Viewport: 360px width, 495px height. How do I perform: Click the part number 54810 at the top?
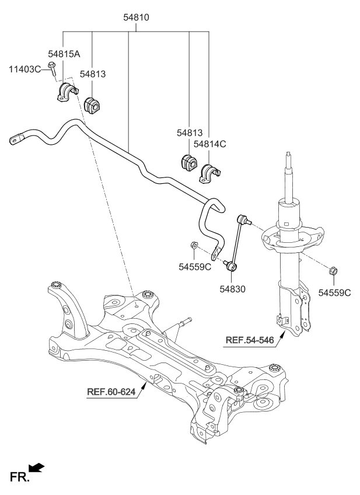click(x=136, y=18)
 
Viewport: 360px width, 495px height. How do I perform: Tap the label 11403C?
click(x=25, y=69)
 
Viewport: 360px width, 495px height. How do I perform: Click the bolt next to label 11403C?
click(x=53, y=69)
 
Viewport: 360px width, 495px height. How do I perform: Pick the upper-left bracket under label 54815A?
click(x=65, y=93)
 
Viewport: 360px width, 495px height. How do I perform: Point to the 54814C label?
click(x=209, y=144)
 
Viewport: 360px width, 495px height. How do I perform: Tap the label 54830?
click(x=233, y=288)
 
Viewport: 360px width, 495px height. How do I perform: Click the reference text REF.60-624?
click(x=111, y=392)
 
